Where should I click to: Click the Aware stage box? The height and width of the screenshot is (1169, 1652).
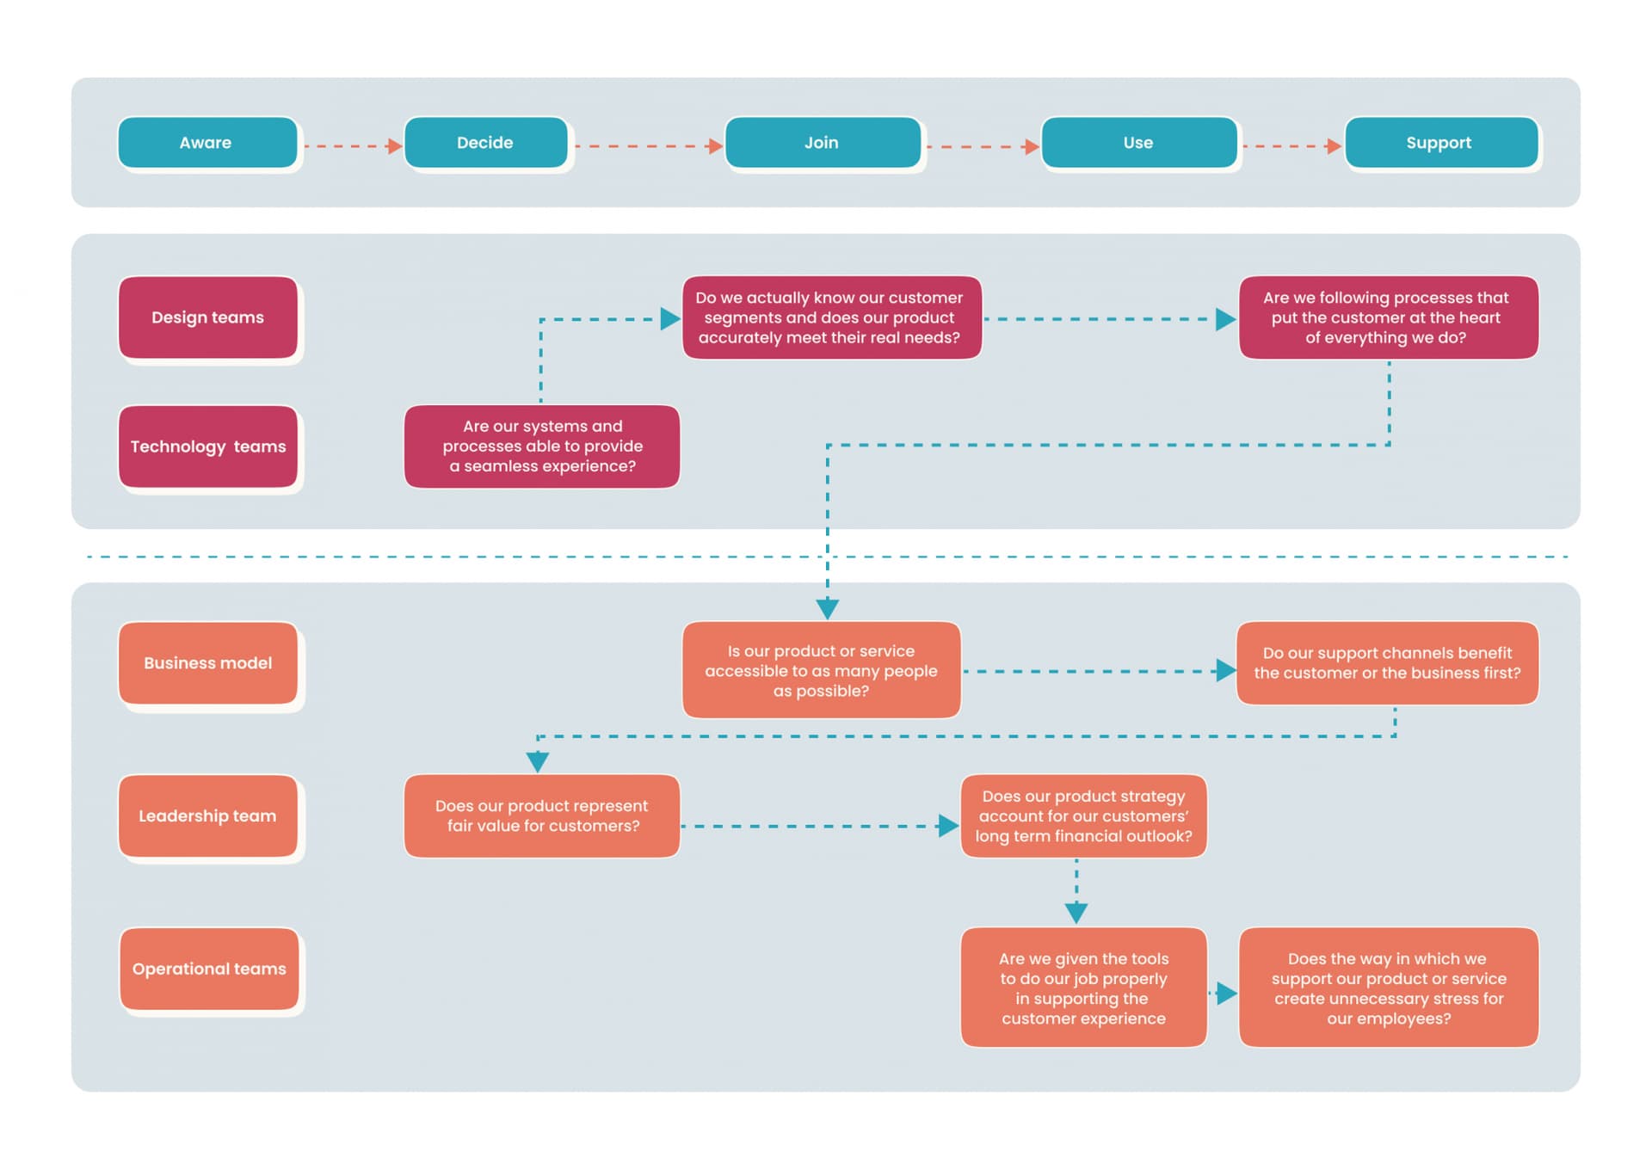point(207,143)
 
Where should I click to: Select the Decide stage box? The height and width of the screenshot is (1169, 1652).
point(485,143)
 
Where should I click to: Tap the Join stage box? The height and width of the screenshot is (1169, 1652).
point(823,143)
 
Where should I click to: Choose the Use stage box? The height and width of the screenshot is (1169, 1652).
point(1138,143)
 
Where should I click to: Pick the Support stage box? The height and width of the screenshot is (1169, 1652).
point(1440,143)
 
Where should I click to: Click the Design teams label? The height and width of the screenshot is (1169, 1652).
point(208,317)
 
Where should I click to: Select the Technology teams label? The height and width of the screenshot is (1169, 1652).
point(208,446)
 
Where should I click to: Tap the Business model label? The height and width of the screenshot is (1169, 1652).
point(208,663)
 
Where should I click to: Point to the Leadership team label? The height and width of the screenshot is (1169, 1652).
point(208,815)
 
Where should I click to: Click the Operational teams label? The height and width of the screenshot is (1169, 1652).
point(209,969)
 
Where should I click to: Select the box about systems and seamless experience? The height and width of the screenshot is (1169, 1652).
point(542,446)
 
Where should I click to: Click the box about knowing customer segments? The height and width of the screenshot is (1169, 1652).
point(831,317)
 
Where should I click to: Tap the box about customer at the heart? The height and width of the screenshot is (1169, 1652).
point(1388,317)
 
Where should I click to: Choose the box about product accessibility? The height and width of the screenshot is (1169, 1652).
point(821,670)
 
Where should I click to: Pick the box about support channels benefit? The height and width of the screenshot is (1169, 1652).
point(1387,663)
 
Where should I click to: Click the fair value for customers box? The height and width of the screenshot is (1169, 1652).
point(542,815)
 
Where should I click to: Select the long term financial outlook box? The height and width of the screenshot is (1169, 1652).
point(1083,815)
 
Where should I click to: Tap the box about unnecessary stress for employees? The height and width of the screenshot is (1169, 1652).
point(1388,987)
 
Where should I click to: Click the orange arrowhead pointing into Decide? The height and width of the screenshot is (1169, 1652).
point(395,146)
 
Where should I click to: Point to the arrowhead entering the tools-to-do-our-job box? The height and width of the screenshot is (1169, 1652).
point(1076,913)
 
